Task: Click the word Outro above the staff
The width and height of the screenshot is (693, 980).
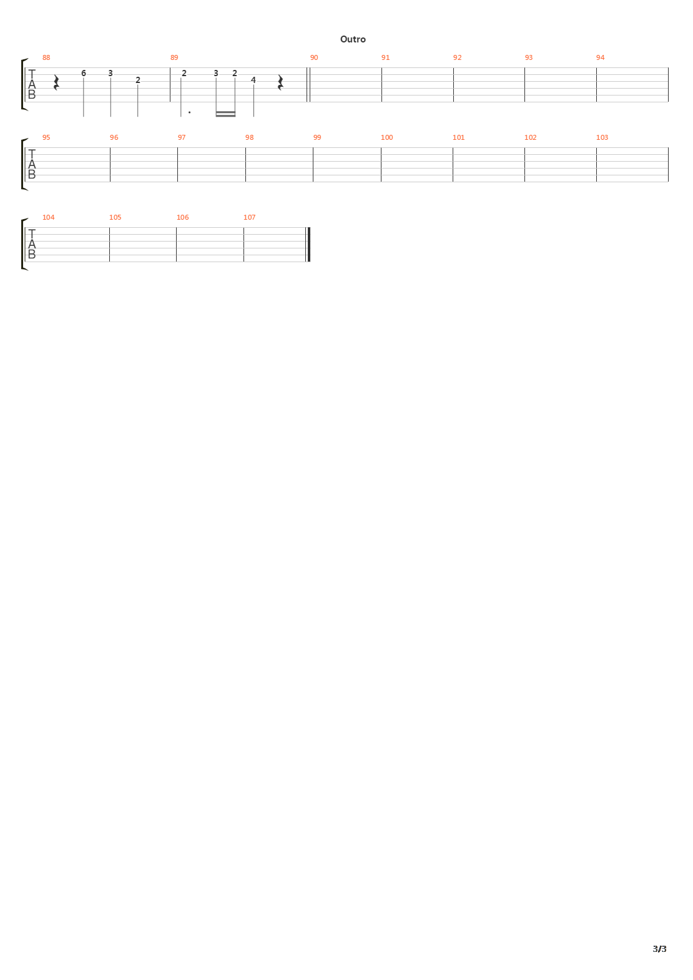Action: tap(353, 39)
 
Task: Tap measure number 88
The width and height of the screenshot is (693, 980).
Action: tap(46, 57)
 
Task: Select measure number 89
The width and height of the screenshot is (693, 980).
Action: tap(174, 57)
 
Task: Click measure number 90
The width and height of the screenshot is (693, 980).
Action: tap(314, 57)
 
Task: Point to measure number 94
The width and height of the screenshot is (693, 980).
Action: tap(600, 57)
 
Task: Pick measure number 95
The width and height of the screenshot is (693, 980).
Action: tap(46, 137)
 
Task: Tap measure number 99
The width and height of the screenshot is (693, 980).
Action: tap(317, 137)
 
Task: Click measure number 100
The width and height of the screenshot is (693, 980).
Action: tap(387, 137)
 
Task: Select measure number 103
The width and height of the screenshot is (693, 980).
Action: tap(602, 137)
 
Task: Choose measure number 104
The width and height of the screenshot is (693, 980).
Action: tap(48, 217)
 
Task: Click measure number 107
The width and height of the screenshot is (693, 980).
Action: tap(249, 217)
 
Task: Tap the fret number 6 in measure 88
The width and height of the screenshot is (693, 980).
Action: tap(84, 73)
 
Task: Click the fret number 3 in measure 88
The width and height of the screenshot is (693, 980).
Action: tap(111, 73)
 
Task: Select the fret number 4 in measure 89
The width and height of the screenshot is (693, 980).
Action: tap(253, 80)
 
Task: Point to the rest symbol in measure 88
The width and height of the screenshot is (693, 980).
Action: tap(56, 83)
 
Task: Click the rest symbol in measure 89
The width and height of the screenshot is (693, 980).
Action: tap(280, 83)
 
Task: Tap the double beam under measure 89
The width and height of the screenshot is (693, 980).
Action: tap(225, 114)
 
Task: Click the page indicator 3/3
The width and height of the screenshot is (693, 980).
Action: tap(659, 949)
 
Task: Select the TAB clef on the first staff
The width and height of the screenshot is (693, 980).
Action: tap(32, 84)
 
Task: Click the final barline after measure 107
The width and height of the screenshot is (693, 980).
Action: tap(308, 244)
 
